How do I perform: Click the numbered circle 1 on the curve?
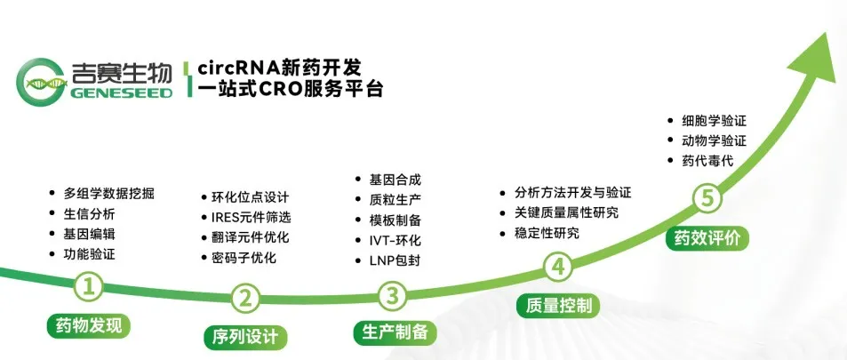(x=89, y=287)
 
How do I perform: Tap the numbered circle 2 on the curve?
(x=246, y=297)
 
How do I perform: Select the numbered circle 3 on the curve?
(x=393, y=295)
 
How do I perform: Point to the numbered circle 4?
(x=557, y=267)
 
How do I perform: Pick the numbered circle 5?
(x=707, y=199)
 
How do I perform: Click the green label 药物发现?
(x=89, y=324)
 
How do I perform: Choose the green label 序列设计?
(x=246, y=337)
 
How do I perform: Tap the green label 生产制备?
(x=395, y=332)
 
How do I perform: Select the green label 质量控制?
(x=558, y=306)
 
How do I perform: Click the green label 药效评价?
(x=707, y=237)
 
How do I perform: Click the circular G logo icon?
(x=41, y=82)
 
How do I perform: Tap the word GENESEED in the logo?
(x=121, y=92)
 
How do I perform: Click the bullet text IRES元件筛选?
(x=252, y=217)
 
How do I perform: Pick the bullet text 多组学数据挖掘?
(x=109, y=194)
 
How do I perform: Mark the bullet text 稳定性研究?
(x=547, y=233)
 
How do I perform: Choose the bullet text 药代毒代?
(x=707, y=161)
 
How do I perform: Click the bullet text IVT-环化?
(x=395, y=240)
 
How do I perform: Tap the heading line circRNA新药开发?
(x=279, y=68)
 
